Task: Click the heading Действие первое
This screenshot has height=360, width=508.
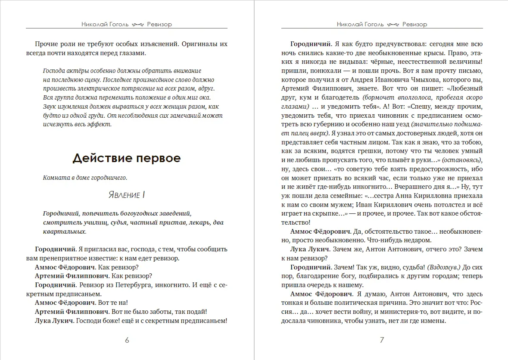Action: coord(126,158)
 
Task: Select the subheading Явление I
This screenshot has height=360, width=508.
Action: coord(126,195)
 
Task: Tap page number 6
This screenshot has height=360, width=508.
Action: coord(127,340)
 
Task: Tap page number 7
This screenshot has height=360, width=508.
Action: coord(382,340)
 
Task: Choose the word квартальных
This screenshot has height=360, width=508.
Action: coord(64,232)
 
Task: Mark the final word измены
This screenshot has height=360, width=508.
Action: coord(431,321)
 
